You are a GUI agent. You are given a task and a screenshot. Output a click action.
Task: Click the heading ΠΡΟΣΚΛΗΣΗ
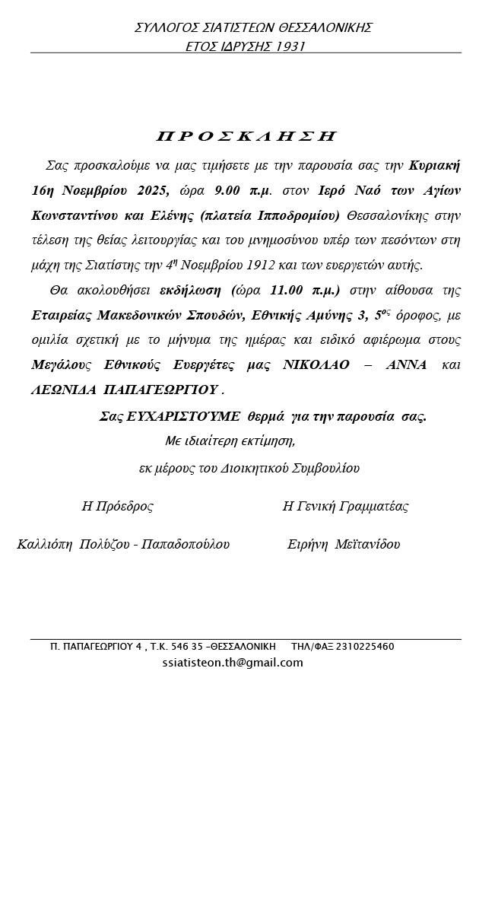click(x=246, y=136)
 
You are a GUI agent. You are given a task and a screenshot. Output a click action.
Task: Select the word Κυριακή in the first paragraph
click(x=433, y=164)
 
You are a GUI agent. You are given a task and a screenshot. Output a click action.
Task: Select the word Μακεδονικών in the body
click(x=141, y=315)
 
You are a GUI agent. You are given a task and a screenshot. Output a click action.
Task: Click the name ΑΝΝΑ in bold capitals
click(x=407, y=365)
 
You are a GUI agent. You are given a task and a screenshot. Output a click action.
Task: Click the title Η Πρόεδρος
click(x=118, y=506)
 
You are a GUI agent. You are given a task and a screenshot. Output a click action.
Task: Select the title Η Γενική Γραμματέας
click(x=345, y=506)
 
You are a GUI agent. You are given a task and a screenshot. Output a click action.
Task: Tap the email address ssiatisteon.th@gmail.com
click(x=233, y=663)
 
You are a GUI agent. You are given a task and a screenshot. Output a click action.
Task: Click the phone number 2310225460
click(x=365, y=647)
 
